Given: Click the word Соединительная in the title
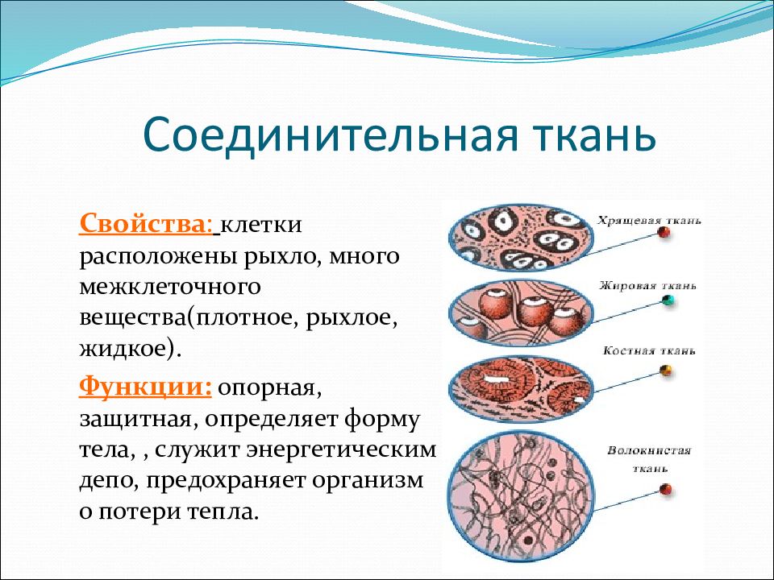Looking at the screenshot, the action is point(331,134).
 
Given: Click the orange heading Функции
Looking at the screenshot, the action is point(146,387).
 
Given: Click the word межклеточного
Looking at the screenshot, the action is point(170,287).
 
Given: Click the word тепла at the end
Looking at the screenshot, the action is point(223,512).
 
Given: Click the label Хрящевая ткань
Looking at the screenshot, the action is point(649,221).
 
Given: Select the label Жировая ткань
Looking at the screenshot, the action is point(648,286).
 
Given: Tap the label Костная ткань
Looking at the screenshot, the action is point(649,351).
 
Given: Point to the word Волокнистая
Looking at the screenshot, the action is point(649,451).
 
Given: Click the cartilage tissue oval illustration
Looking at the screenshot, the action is point(522,238).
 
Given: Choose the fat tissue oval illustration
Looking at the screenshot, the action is point(522,313).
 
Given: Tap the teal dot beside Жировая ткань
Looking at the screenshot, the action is point(668,300).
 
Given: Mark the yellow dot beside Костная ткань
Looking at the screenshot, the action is point(666,370).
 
